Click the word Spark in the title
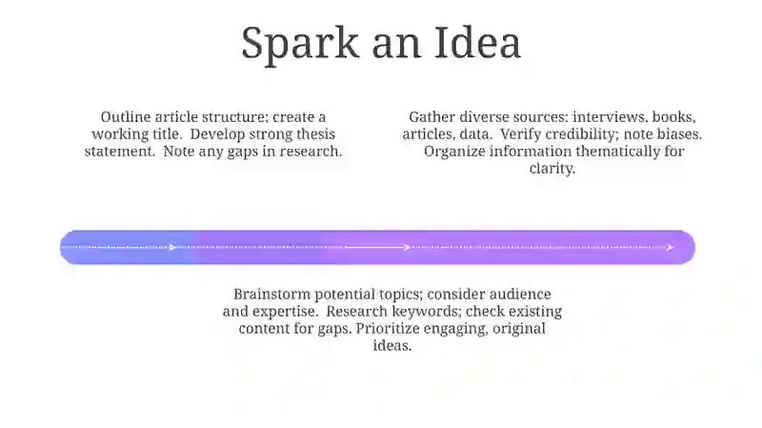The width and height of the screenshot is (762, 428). [300, 44]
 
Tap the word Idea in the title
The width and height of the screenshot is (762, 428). [477, 42]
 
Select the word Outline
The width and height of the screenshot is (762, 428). [126, 117]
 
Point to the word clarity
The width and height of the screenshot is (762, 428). [552, 169]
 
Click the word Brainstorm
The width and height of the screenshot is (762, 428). [272, 295]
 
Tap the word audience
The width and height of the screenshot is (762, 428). [519, 295]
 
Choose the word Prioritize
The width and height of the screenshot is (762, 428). [388, 328]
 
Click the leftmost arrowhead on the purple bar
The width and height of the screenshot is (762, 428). [172, 248]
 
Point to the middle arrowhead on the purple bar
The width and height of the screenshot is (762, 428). [408, 248]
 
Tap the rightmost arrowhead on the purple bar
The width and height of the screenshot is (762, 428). [671, 248]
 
